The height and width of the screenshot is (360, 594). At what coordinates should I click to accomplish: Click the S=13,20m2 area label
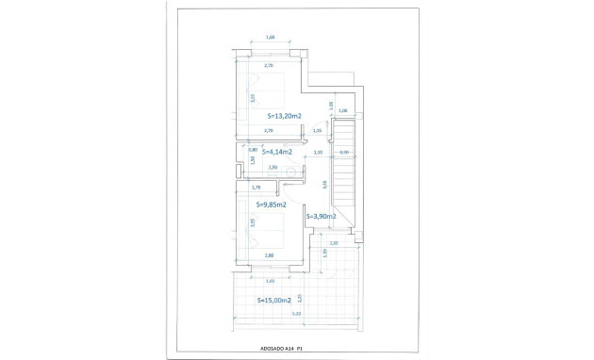[x=277, y=116]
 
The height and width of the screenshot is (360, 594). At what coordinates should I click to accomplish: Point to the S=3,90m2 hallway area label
[x=321, y=216]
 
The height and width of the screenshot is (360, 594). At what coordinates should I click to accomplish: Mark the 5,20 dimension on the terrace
[x=296, y=314]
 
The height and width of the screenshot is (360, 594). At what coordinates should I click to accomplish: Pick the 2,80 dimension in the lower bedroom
[x=270, y=255]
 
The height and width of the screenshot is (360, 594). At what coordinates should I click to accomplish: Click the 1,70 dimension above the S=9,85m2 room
[x=256, y=188]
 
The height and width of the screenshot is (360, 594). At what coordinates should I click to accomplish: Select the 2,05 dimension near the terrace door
[x=334, y=242]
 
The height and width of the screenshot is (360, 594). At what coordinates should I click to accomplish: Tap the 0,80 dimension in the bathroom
[x=253, y=149]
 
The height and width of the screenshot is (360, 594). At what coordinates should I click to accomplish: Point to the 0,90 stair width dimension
[x=344, y=152]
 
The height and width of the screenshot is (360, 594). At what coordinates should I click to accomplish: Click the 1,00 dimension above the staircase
[x=342, y=110]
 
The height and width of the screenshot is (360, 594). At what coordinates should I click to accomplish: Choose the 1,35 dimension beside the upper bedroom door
[x=316, y=131]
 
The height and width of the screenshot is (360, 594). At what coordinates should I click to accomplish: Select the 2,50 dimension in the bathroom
[x=273, y=168]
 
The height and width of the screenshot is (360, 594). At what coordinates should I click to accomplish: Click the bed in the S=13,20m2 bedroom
[x=269, y=97]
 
